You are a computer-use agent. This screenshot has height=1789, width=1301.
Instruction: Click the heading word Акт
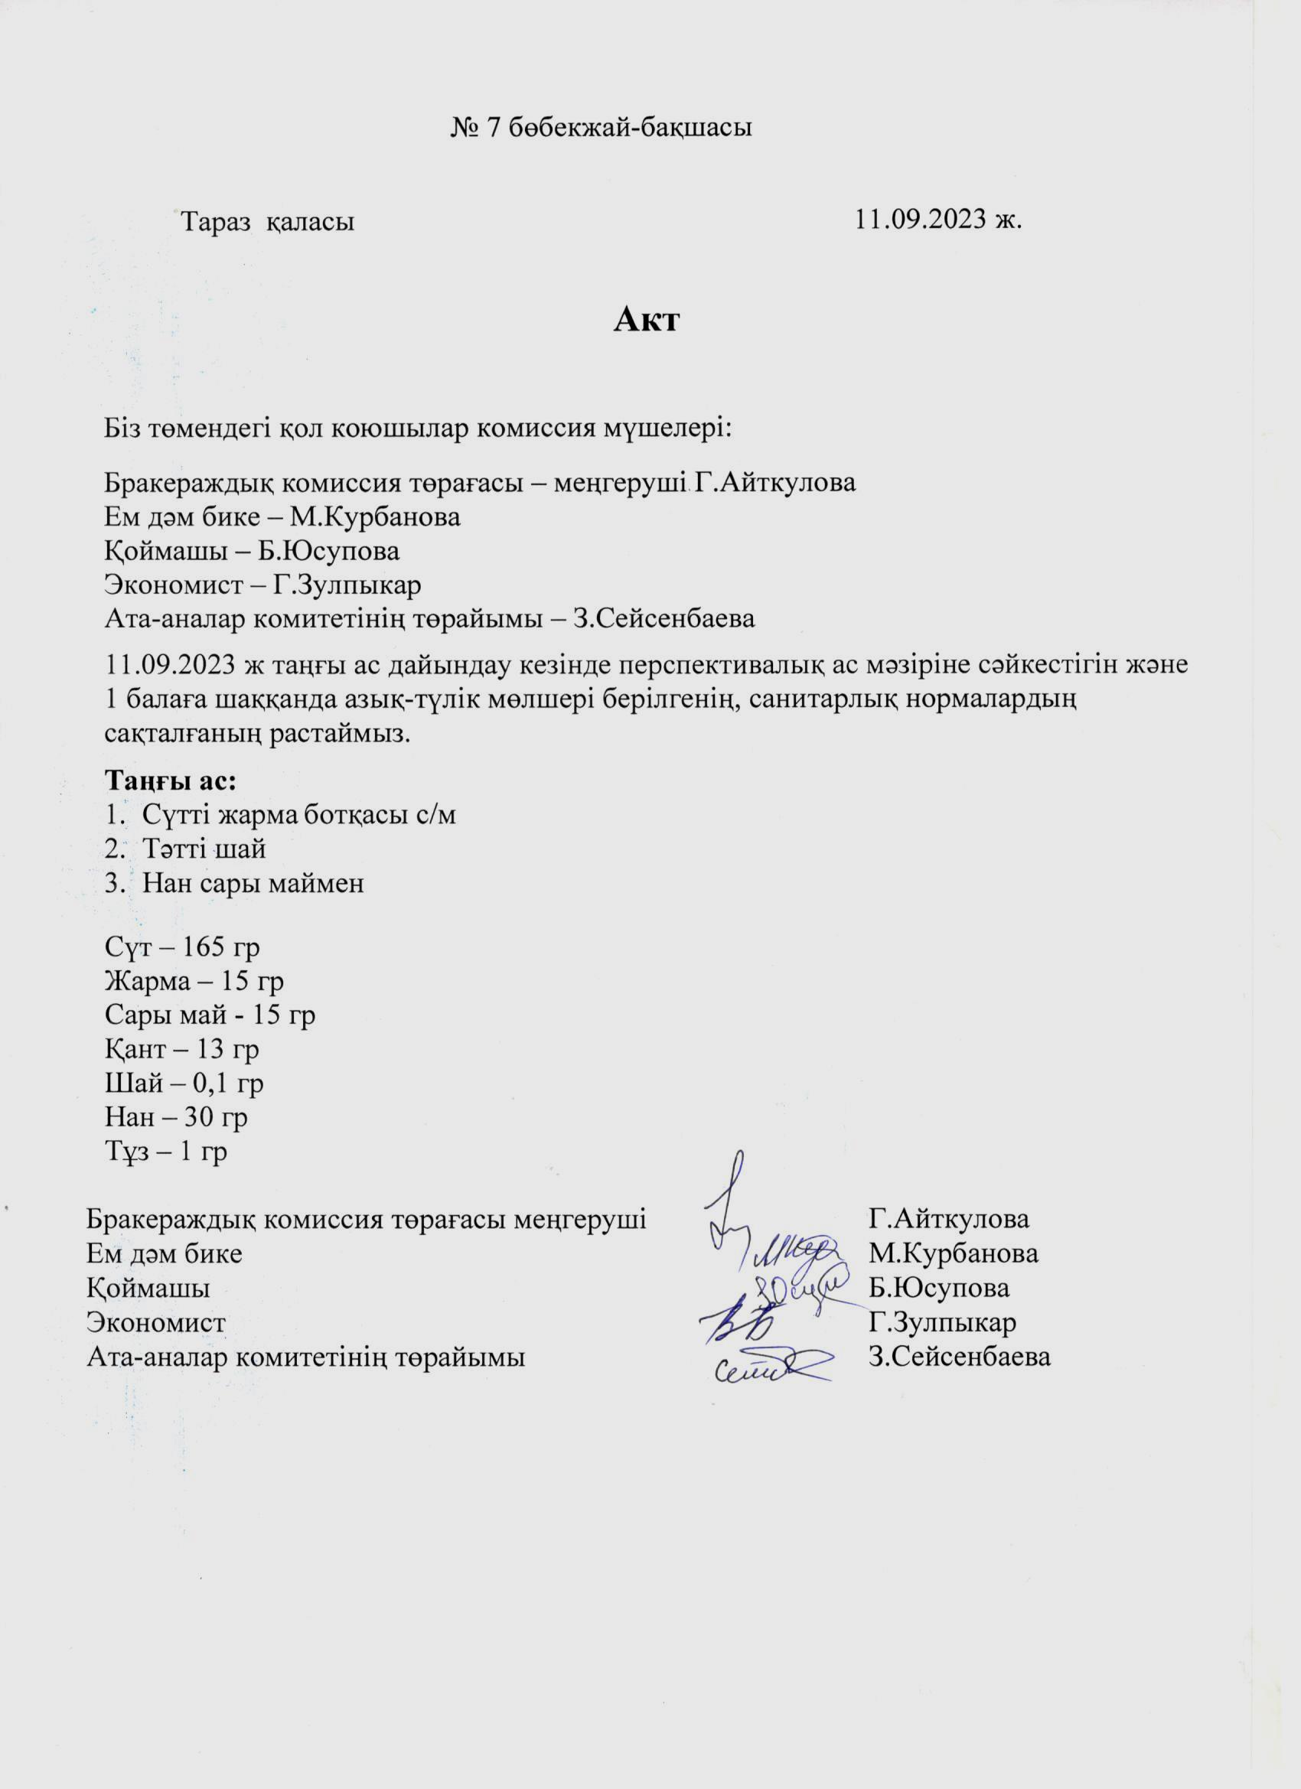point(646,321)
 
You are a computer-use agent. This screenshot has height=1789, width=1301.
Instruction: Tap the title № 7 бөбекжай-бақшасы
point(601,127)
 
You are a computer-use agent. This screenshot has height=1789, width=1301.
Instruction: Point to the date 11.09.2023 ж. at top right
point(938,220)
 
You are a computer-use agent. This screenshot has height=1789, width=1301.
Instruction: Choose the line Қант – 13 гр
point(181,1048)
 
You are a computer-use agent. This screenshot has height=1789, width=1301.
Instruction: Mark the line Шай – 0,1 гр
point(184,1083)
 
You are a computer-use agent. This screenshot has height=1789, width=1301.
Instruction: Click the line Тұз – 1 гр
point(165,1151)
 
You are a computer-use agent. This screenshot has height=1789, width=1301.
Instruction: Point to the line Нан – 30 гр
point(176,1117)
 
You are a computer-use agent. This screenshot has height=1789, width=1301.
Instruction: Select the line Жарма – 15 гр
point(194,980)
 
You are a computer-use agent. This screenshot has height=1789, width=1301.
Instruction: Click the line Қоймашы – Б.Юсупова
point(252,551)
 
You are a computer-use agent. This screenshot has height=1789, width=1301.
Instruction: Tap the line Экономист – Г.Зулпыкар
point(262,585)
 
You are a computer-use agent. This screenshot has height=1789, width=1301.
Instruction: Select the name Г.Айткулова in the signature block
point(948,1219)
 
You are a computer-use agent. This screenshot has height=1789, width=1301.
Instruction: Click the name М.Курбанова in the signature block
point(953,1253)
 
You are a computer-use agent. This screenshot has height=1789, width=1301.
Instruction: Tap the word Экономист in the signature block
point(156,1322)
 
